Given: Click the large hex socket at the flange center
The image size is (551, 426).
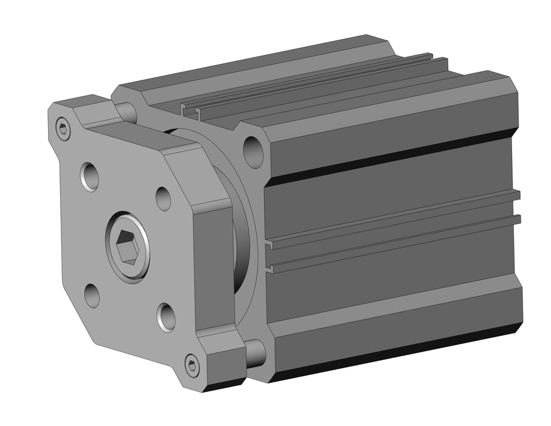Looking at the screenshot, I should coord(128,245).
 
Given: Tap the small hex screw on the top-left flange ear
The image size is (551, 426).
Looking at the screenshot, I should coord(63,128).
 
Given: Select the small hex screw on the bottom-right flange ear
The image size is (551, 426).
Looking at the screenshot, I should coord(192,365).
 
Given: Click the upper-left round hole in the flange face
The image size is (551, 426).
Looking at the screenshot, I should coord(89,176).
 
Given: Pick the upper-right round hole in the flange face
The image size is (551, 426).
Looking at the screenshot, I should coord(163,198).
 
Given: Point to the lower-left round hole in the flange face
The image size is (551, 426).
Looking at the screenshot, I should coord(92,295).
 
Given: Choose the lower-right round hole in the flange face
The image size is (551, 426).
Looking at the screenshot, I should coord(166,316).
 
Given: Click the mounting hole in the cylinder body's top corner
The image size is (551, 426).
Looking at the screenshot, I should coord(252,150).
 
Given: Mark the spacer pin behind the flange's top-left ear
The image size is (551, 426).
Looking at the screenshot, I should coord(126,111).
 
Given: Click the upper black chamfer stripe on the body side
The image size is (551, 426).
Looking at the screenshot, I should coord(389,156).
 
